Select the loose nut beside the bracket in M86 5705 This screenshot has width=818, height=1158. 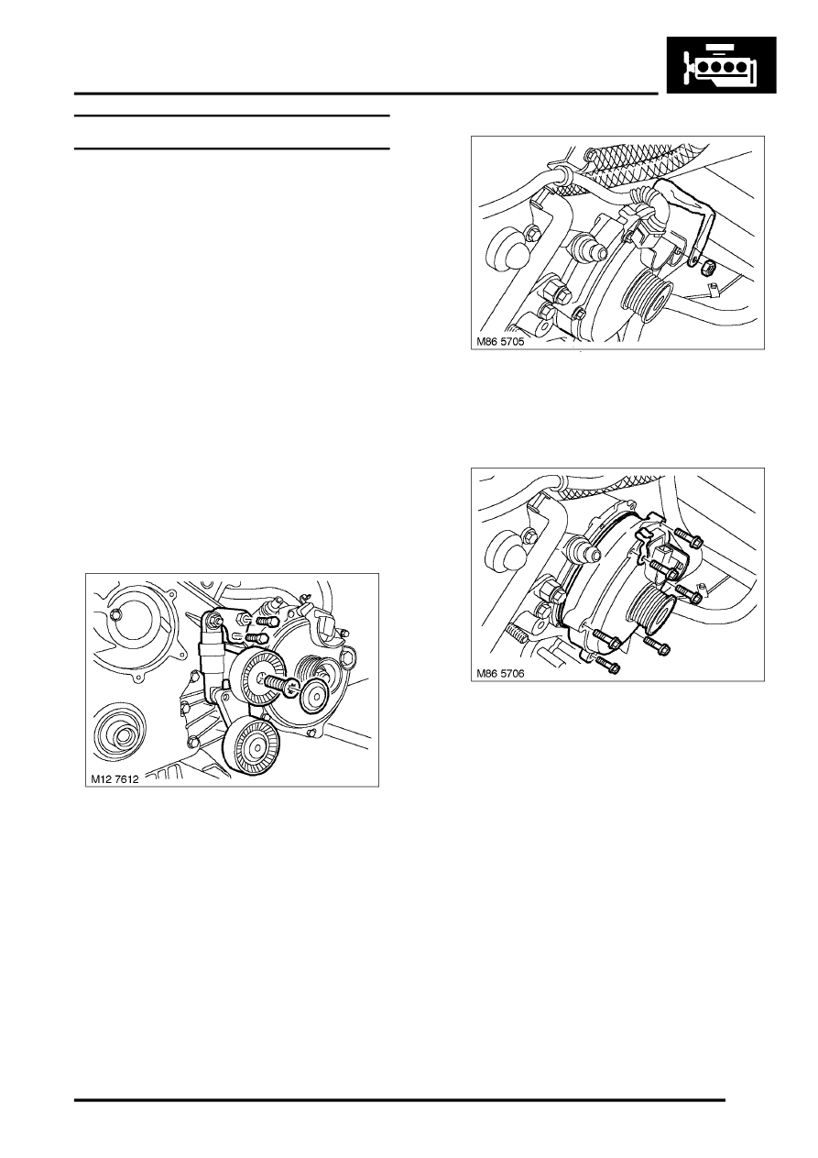pyautogui.click(x=709, y=270)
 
